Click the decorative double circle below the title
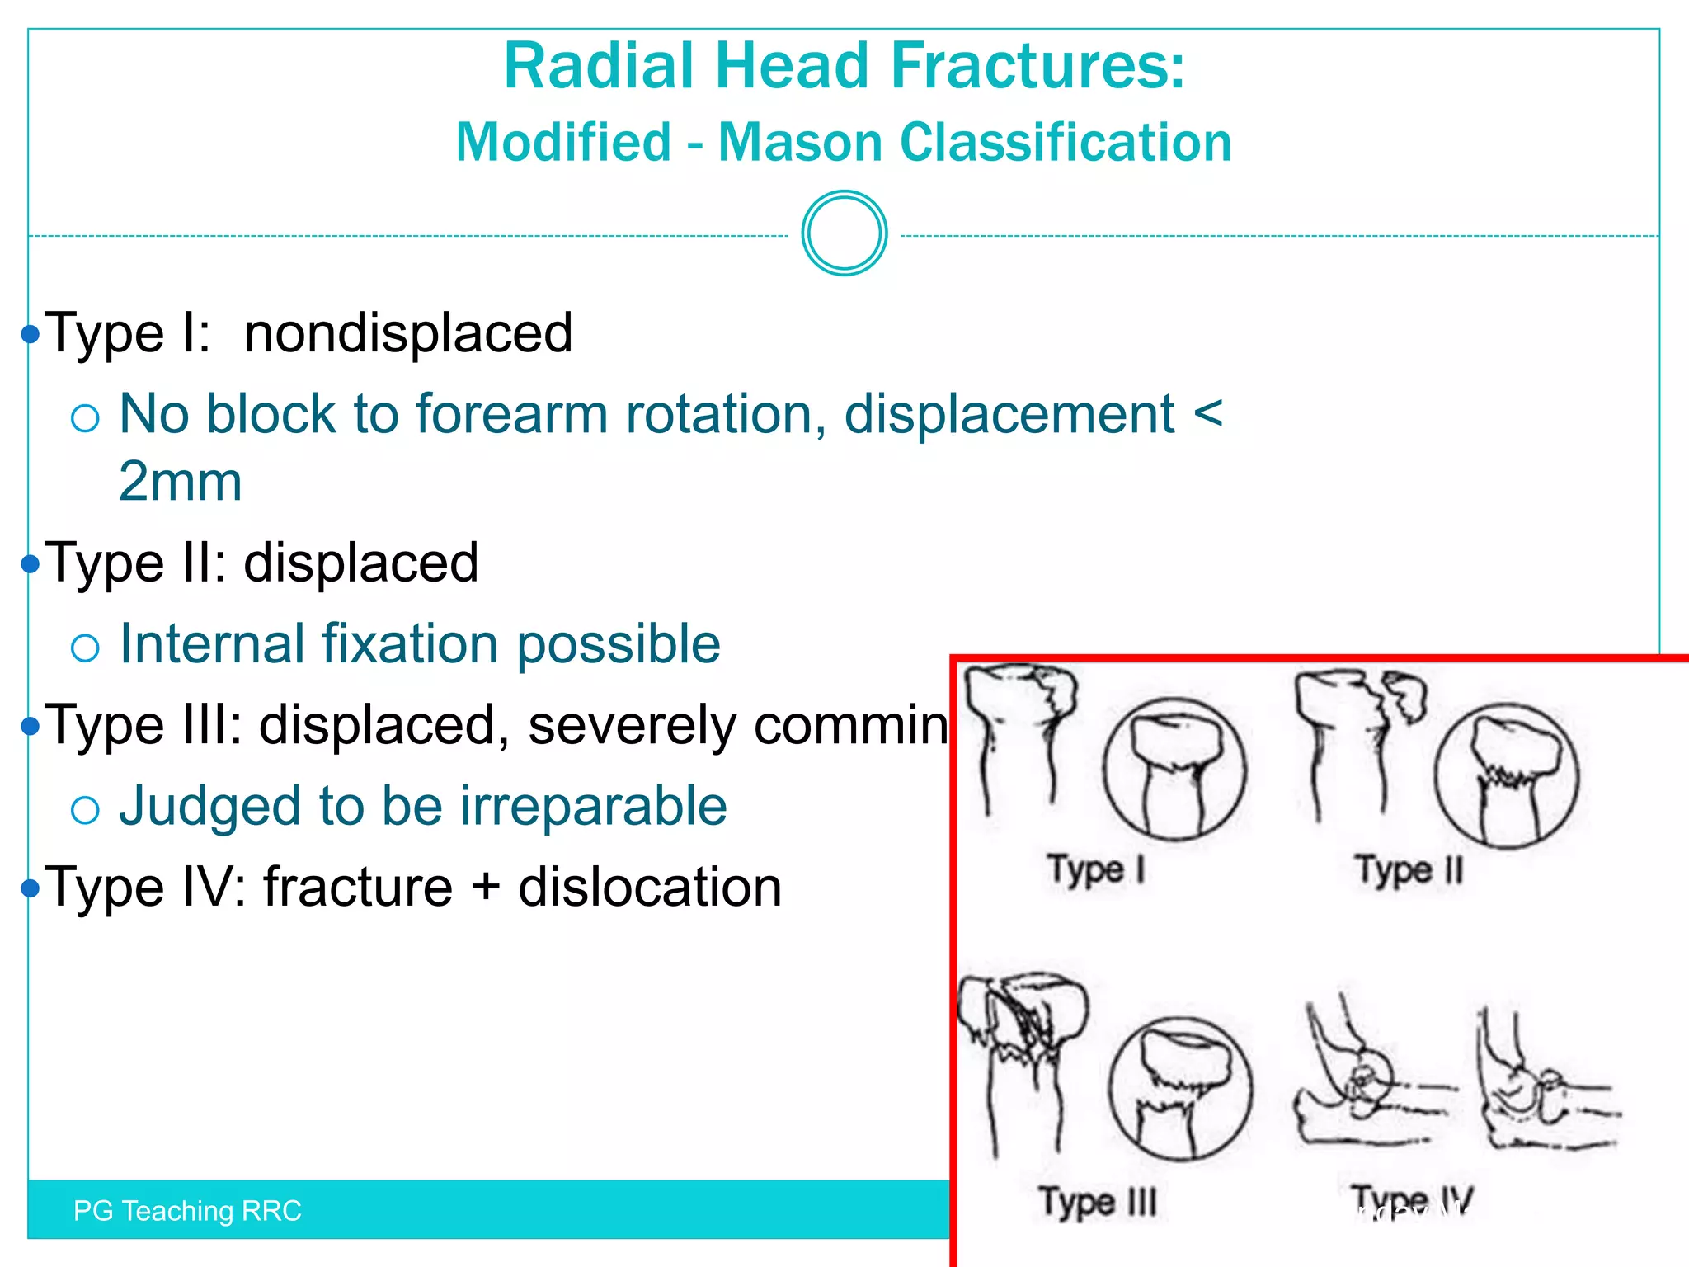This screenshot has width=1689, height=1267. point(844,233)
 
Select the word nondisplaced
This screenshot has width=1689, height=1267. point(408,333)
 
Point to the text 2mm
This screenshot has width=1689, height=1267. point(181,482)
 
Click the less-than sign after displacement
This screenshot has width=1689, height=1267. point(1207,413)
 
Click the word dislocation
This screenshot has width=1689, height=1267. point(650,888)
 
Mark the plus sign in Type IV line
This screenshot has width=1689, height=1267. point(486,888)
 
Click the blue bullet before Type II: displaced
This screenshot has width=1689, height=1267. point(31,564)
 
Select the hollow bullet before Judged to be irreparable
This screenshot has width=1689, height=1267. point(85,810)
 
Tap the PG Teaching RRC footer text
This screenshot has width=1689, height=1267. point(187,1211)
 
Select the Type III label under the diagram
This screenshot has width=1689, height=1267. point(1097,1203)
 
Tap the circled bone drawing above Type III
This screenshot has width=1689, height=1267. point(1180,1089)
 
